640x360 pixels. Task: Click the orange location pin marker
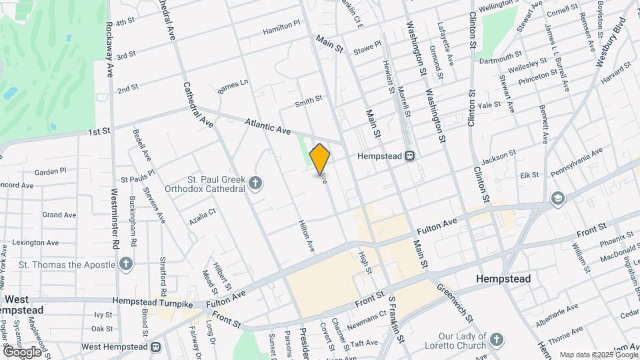tap(320, 159)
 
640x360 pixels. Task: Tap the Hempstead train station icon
tap(410, 156)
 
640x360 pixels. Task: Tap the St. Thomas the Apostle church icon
tap(126, 265)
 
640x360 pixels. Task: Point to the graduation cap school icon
tap(557, 197)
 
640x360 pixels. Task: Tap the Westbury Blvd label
tap(611, 43)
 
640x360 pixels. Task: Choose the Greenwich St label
tap(455, 301)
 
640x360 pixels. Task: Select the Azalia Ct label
tap(203, 215)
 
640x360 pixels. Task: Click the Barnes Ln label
tap(233, 86)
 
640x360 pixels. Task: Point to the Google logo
tap(22, 351)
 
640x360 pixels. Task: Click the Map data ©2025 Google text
tap(598, 355)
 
